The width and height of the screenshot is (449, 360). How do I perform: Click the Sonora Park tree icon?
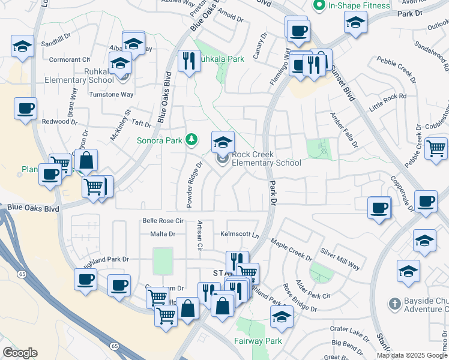(x=191, y=140)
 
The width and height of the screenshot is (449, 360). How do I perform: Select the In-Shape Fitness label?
(x=358, y=5)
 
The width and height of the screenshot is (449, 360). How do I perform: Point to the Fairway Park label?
(x=257, y=341)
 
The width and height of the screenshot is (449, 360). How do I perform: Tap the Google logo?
(x=20, y=353)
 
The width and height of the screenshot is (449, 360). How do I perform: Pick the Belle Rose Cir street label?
(x=162, y=221)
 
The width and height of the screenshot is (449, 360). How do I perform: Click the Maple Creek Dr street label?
(x=291, y=250)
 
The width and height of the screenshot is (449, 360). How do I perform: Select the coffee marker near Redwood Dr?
(x=26, y=109)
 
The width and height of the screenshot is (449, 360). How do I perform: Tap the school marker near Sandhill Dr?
(x=22, y=46)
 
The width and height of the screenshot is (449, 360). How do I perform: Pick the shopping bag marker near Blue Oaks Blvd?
(x=86, y=160)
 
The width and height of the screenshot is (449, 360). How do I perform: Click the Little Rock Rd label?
(x=388, y=103)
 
